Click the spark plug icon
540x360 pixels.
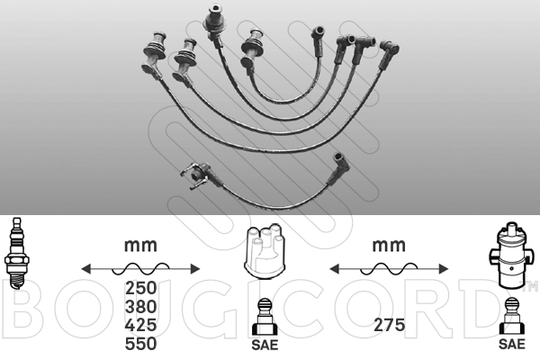point(15,253)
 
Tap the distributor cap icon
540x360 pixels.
point(265,251)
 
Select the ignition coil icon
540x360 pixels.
point(511,255)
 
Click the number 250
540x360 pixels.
point(141,288)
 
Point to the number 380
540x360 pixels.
point(141,307)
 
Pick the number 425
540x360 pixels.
point(141,325)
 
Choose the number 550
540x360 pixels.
point(141,344)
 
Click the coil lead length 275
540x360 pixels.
point(389,325)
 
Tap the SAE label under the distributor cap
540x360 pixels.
point(265,345)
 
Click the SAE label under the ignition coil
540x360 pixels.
point(512,344)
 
